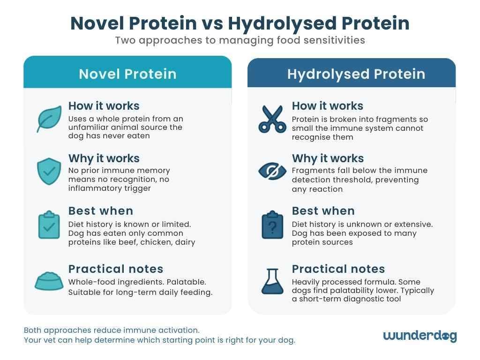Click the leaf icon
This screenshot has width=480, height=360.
pyautogui.click(x=49, y=119)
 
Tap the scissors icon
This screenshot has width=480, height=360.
pyautogui.click(x=272, y=119)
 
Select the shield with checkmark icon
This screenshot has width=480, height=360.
pyautogui.click(x=49, y=171)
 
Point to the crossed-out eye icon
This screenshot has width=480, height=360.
pyautogui.click(x=272, y=171)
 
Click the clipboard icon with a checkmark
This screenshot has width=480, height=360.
pyautogui.click(x=49, y=225)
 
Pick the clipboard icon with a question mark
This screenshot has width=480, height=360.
pyautogui.click(x=272, y=225)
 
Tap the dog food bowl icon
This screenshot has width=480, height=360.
pyautogui.click(x=49, y=281)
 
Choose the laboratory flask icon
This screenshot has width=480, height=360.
pyautogui.click(x=272, y=281)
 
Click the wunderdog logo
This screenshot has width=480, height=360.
pyautogui.click(x=420, y=336)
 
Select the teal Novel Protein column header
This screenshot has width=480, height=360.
pyautogui.click(x=127, y=74)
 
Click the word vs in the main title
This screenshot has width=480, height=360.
pyautogui.click(x=212, y=23)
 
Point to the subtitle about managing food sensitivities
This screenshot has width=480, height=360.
pyautogui.click(x=240, y=40)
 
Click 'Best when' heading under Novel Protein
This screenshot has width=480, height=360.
pyautogui.click(x=101, y=211)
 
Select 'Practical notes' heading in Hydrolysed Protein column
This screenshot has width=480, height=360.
pyautogui.click(x=338, y=269)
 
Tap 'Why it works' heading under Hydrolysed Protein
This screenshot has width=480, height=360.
pyautogui.click(x=328, y=158)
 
